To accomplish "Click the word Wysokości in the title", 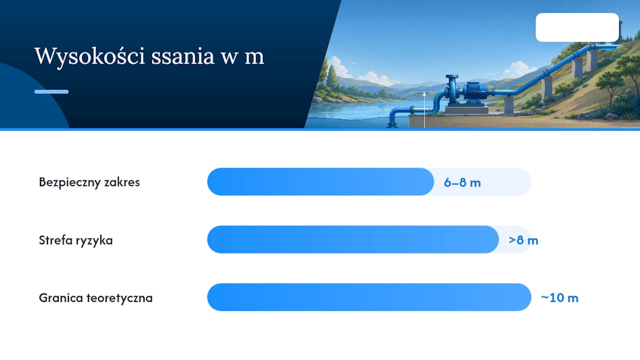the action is tap(89, 56).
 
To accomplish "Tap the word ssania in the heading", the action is tap(182, 56).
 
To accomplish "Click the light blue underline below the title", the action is tap(51, 91).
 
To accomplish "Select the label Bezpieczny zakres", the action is tap(89, 182).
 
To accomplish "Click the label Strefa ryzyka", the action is tap(75, 240).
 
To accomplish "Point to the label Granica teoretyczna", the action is tap(95, 297).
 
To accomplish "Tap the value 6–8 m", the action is tap(462, 182).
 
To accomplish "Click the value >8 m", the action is tap(523, 240).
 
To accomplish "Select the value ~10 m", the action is tap(559, 297).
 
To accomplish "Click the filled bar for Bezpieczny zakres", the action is tap(320, 181).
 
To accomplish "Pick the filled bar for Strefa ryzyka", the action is tap(353, 239).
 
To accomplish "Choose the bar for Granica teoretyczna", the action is tap(369, 297).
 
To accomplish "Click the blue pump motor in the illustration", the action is tap(475, 91).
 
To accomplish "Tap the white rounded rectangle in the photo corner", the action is tap(577, 27).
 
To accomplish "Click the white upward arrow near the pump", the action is tap(424, 110).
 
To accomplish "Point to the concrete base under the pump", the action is tap(467, 110).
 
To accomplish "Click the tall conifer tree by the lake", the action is tap(332, 75).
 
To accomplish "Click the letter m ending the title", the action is tap(254, 57).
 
